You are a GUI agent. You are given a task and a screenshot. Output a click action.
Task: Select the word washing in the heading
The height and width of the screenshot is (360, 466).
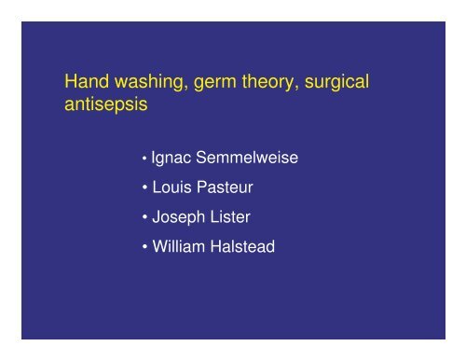tap(147, 83)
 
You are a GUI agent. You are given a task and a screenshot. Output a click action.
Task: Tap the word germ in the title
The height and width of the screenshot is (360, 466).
tap(212, 84)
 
